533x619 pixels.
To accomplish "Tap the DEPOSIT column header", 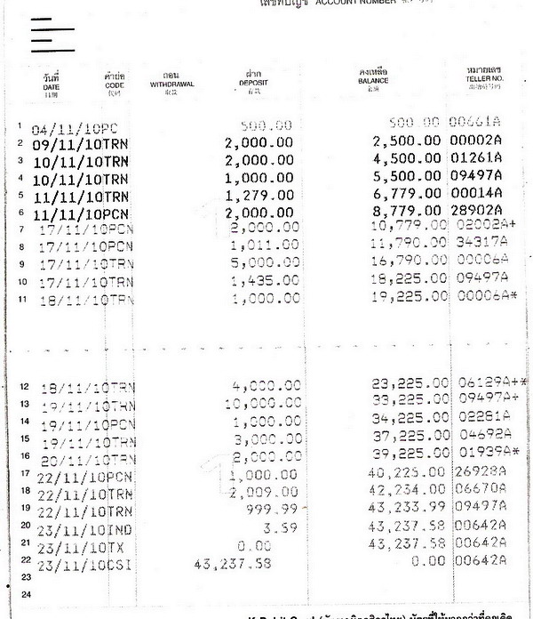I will [254, 82].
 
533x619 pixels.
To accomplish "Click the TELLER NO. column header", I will [484, 81].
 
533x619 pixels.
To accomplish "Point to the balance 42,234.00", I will [410, 490].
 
